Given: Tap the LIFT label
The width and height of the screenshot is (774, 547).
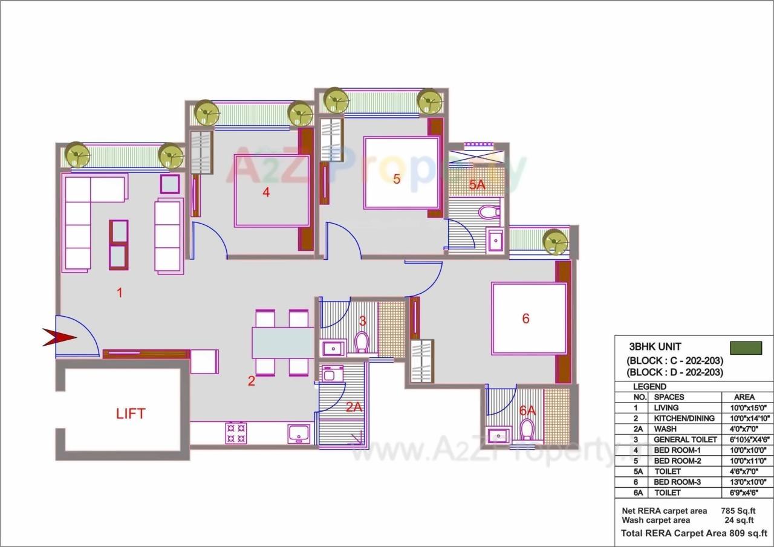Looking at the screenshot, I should tap(131, 414).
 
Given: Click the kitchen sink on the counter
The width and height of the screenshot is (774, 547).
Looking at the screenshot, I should tap(299, 433).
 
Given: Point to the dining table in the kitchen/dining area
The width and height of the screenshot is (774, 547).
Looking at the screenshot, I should tap(282, 343).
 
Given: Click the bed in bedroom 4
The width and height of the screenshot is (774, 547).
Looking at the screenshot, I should tap(272, 191).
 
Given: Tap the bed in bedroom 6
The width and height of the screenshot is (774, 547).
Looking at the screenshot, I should tap(529, 319).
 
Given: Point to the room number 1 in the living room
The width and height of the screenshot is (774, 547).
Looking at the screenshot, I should tap(120, 293).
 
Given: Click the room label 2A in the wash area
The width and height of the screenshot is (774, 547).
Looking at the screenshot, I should tap(354, 407).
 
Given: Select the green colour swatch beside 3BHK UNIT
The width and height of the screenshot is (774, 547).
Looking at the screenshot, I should tap(746, 348).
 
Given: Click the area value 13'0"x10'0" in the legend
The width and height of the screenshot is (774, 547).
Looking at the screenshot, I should tap(744, 482).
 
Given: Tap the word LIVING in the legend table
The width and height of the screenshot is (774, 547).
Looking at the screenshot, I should tap(666, 408).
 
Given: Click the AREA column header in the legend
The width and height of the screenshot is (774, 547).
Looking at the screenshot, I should tap(744, 397).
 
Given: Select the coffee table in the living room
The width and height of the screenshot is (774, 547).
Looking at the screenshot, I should tap(119, 245).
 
